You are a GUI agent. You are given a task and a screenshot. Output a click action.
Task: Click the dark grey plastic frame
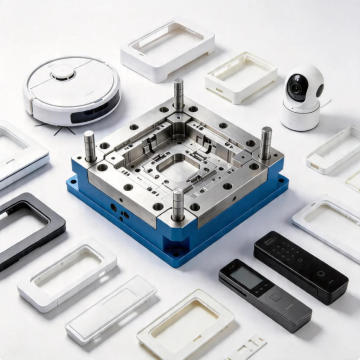coord(29,228)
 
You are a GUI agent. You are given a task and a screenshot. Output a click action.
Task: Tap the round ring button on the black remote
coord(319,273)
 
